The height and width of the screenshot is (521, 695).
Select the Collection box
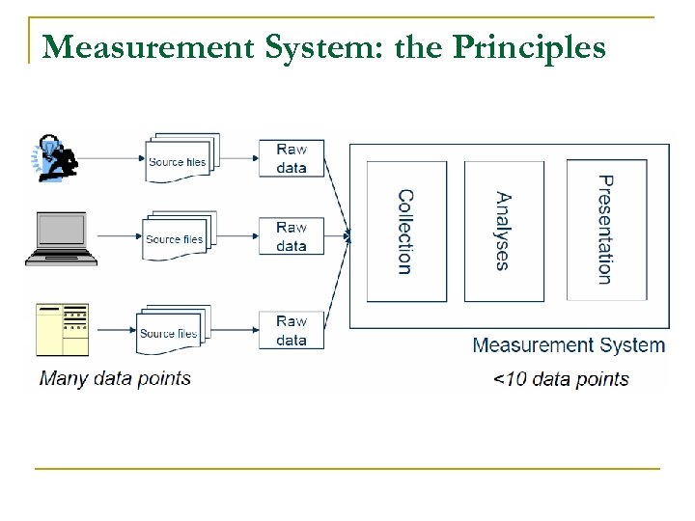point(406,232)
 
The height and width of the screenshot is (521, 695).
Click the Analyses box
point(504,232)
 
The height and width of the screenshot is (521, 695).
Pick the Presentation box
point(604,230)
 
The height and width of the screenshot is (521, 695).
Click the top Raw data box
point(291,158)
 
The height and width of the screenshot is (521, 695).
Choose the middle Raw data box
point(291,236)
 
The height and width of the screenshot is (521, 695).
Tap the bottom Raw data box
point(291,330)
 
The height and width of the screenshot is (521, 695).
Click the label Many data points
point(115,377)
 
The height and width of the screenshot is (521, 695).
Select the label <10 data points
point(561,378)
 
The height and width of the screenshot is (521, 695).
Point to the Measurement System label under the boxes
point(569,345)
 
